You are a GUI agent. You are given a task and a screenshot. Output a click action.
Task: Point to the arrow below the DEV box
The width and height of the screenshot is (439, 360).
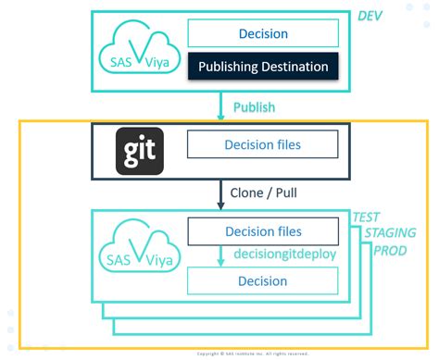click(220, 106)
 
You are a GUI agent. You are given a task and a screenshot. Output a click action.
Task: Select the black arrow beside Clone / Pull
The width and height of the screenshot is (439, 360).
click(220, 195)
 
